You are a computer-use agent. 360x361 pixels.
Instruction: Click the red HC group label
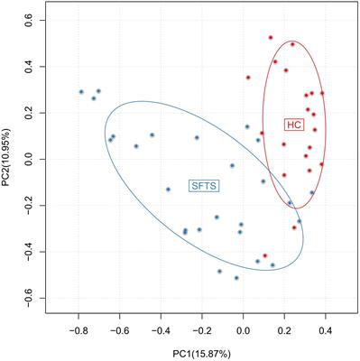pyautogui.click(x=291, y=124)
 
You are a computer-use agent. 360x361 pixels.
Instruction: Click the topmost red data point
pyautogui.click(x=270, y=38)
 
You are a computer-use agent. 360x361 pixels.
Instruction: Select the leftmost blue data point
pyautogui.click(x=81, y=92)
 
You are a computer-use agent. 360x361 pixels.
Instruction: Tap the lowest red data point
pyautogui.click(x=264, y=255)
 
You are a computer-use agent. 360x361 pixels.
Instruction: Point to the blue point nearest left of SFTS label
pyautogui.click(x=168, y=190)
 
